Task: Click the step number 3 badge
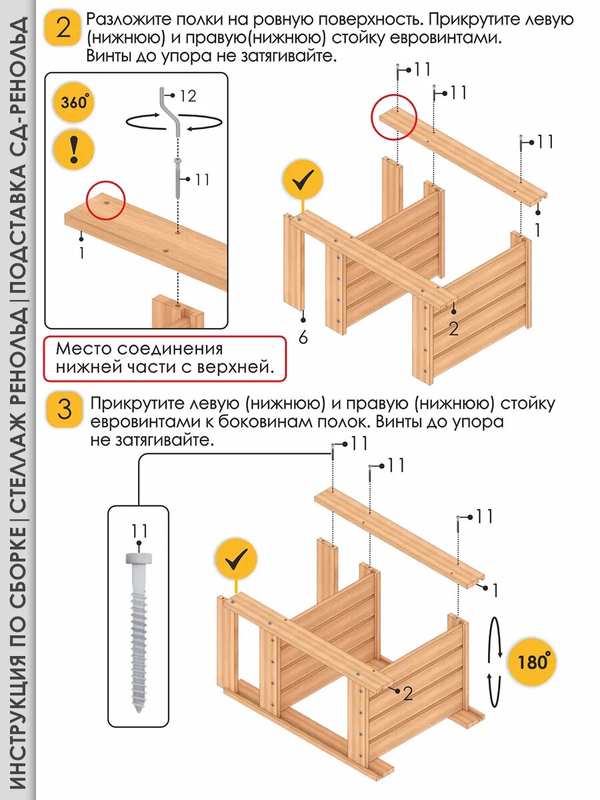tap(65, 409)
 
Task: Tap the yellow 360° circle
tap(74, 103)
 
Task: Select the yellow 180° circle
tap(533, 663)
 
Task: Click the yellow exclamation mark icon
tap(74, 149)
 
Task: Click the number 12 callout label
tap(188, 97)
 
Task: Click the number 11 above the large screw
tap(139, 531)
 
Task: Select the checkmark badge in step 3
tap(235, 561)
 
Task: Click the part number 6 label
tap(303, 338)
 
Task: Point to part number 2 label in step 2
tap(454, 328)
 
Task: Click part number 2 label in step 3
tap(408, 693)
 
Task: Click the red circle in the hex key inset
tap(105, 200)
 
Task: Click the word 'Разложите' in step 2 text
tap(127, 19)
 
